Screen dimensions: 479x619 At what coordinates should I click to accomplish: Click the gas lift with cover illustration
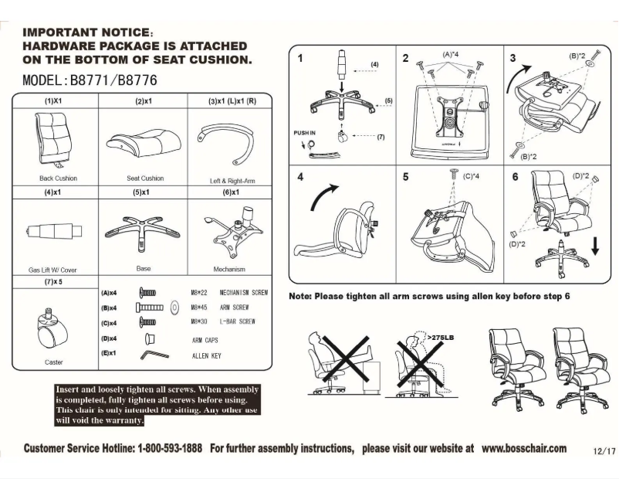pos(55,230)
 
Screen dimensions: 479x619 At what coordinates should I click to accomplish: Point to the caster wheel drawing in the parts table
pos(52,328)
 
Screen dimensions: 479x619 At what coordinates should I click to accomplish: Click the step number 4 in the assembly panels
pos(300,177)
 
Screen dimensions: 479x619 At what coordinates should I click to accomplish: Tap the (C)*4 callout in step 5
pos(471,176)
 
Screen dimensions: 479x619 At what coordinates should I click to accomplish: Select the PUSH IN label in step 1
pos(304,133)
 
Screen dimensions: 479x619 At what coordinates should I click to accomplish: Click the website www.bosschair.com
pos(523,448)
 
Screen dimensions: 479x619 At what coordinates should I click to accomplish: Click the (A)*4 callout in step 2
pos(452,55)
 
